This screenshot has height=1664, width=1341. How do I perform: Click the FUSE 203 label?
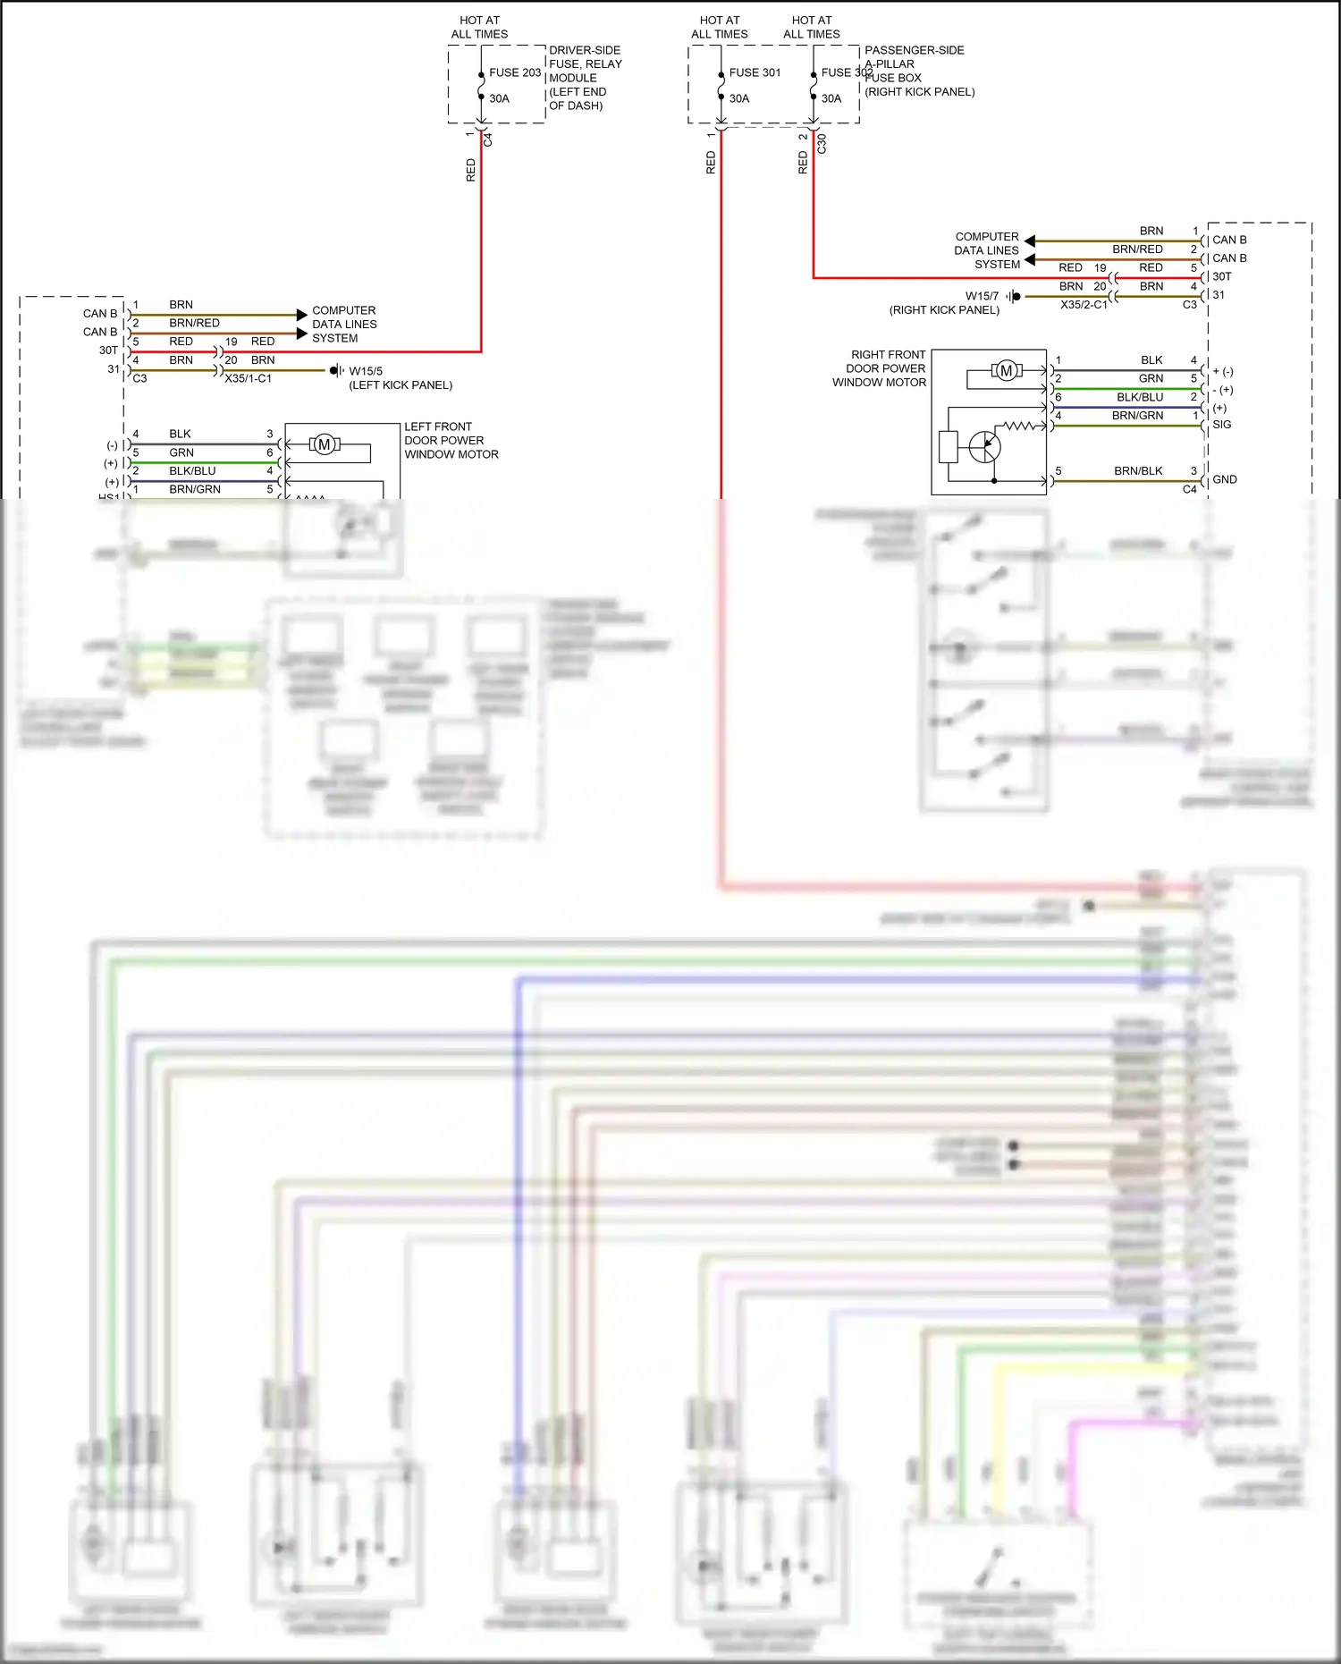click(x=515, y=72)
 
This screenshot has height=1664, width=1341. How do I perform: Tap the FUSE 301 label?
click(x=755, y=72)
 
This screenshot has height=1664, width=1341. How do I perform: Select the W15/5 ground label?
click(x=366, y=371)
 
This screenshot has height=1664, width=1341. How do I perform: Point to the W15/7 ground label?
click(x=982, y=296)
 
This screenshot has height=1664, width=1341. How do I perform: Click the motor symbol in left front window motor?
click(x=325, y=444)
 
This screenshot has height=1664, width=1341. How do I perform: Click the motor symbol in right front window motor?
click(x=1007, y=370)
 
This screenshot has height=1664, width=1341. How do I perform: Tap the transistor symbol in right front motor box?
click(x=985, y=446)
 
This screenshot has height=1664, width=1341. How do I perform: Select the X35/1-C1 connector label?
click(x=248, y=379)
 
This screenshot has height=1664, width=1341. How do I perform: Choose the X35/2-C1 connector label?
click(x=1084, y=305)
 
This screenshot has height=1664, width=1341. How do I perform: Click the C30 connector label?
click(x=822, y=143)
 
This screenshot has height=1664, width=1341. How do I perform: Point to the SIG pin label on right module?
click(x=1222, y=425)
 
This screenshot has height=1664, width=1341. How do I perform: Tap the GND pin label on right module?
click(x=1225, y=480)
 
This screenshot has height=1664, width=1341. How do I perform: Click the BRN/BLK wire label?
click(x=1138, y=471)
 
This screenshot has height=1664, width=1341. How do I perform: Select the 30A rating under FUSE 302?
click(x=831, y=98)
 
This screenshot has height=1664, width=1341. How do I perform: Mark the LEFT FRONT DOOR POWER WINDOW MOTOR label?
click(x=451, y=441)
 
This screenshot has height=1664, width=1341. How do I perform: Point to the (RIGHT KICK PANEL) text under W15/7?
click(x=944, y=310)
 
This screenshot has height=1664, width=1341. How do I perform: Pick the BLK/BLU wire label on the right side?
click(x=1140, y=397)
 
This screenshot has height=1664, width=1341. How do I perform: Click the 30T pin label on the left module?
click(x=108, y=351)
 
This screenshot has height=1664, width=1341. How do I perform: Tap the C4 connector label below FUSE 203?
click(x=488, y=139)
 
